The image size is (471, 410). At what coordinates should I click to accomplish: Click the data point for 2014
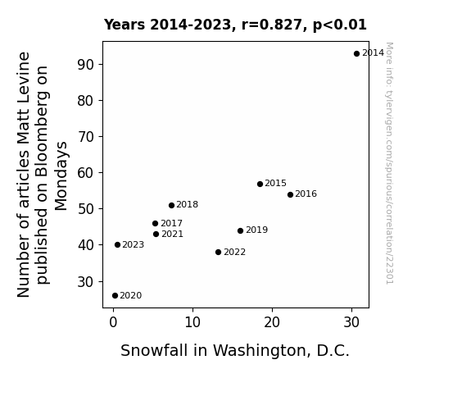tap(356, 54)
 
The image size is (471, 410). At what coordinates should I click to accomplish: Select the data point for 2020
tap(115, 296)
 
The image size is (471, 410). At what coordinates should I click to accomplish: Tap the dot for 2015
tap(260, 184)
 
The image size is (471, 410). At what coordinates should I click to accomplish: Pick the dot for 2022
tap(219, 252)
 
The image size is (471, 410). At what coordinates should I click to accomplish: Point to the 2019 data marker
tap(240, 230)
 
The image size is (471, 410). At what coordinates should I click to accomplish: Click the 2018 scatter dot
tap(171, 206)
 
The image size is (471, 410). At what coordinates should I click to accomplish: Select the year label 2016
tap(306, 194)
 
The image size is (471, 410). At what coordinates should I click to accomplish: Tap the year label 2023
tap(133, 245)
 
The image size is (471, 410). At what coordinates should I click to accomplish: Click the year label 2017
tap(171, 224)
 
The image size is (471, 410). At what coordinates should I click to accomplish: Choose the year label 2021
tap(172, 234)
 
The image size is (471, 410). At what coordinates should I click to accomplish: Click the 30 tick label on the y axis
tap(86, 282)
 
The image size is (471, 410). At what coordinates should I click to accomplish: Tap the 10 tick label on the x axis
tap(192, 322)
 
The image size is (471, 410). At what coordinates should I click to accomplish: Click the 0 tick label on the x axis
tap(113, 322)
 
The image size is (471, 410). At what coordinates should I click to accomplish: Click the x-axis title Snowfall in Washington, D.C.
tap(235, 351)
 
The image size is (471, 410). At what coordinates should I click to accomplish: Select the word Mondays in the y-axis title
tap(61, 176)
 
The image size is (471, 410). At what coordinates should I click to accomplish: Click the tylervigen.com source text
tap(389, 163)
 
